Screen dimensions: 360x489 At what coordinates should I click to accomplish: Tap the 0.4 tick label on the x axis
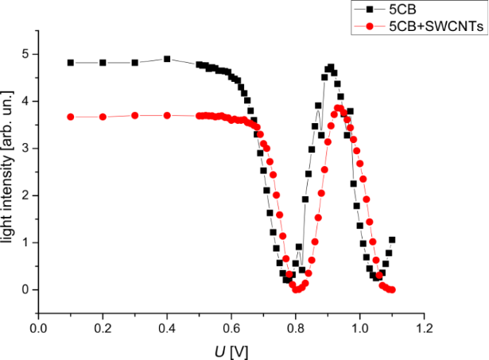167,327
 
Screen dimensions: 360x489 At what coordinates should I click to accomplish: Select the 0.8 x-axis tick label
296,327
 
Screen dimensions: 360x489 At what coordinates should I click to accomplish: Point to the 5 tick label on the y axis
25,54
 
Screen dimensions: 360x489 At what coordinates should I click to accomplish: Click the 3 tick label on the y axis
25,149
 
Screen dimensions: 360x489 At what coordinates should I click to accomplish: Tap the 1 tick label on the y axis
25,242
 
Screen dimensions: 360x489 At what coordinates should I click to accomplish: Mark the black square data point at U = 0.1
71,63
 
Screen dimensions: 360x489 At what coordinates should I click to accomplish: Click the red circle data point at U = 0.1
71,117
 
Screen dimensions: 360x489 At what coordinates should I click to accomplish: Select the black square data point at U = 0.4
167,59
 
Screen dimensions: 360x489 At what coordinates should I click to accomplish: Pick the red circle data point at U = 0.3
135,115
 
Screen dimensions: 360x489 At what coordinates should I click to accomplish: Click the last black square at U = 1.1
392,240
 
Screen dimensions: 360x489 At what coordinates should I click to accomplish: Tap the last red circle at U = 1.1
392,289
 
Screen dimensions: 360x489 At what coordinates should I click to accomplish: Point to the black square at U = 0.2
103,63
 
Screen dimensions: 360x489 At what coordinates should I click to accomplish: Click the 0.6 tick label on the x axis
231,327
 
